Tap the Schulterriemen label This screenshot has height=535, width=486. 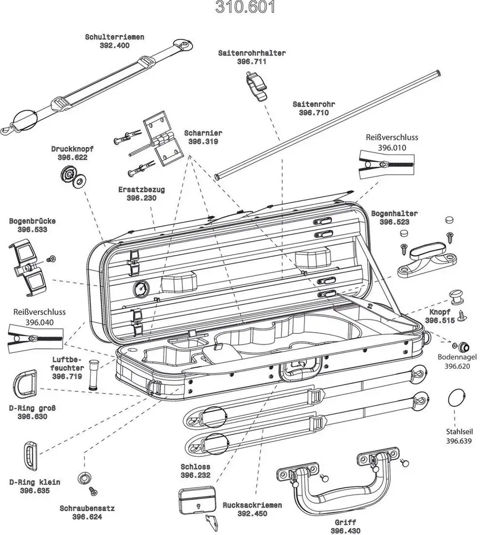[114, 37]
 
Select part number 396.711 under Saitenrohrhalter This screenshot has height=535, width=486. [252, 62]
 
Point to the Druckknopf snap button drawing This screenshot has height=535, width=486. [72, 176]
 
